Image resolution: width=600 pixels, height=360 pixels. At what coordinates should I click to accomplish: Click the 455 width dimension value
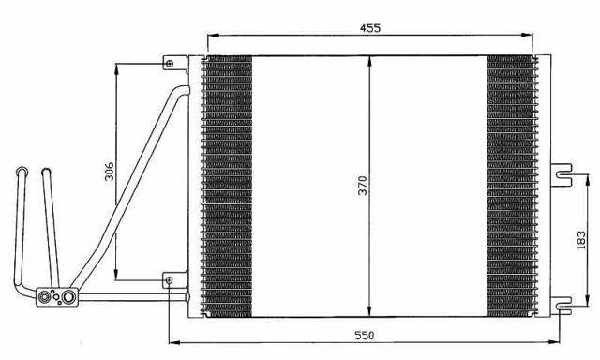click(x=370, y=28)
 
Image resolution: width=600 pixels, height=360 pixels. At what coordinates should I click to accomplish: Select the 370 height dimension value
click(x=363, y=186)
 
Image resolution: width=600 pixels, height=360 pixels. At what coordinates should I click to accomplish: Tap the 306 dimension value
click(x=109, y=171)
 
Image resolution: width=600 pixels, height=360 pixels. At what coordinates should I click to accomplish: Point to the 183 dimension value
click(x=581, y=240)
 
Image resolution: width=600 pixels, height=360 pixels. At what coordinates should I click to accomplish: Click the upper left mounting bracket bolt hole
click(x=169, y=64)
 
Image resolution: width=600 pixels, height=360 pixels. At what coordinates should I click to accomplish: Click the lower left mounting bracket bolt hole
click(x=169, y=280)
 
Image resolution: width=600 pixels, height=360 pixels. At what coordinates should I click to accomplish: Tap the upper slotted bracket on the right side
click(x=561, y=174)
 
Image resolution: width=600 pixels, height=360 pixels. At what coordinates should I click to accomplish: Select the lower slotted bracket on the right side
click(x=561, y=306)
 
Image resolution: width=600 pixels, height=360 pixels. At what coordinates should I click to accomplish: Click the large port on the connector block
click(x=68, y=297)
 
